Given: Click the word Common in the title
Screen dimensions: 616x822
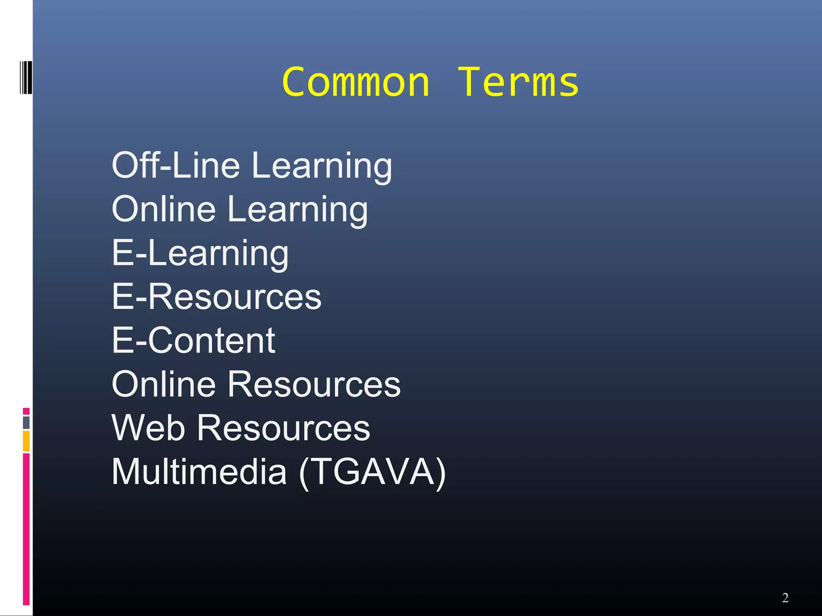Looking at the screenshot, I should (356, 82).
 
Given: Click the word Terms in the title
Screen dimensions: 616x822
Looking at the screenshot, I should (518, 82).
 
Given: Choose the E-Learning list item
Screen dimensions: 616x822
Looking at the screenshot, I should (200, 253).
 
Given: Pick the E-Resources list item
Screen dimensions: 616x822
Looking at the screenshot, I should (216, 296).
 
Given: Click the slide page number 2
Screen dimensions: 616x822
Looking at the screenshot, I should (785, 598).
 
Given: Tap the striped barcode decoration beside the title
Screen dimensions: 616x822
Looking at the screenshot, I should (26, 78).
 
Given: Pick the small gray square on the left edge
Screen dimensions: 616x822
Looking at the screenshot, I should (26, 422).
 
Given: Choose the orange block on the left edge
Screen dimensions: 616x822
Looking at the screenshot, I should (26, 441).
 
